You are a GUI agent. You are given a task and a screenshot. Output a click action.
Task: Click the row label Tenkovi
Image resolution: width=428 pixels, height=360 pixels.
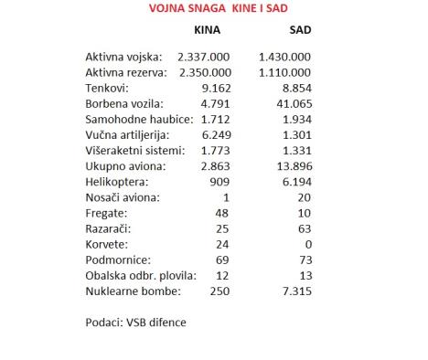click(107, 88)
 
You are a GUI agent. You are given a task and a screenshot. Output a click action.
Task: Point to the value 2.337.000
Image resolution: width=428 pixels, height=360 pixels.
click(204, 57)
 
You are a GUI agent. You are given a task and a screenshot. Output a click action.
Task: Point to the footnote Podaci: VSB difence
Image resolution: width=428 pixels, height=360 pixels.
click(134, 322)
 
